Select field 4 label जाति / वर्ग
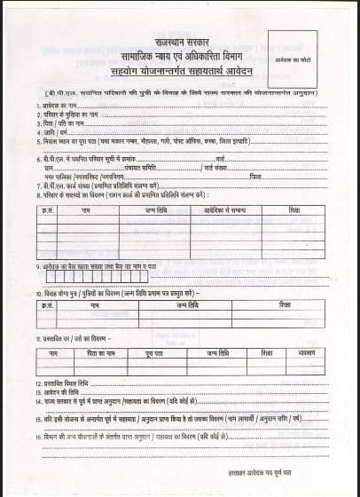point(51,131)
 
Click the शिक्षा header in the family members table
point(292,209)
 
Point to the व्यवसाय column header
point(307,353)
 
